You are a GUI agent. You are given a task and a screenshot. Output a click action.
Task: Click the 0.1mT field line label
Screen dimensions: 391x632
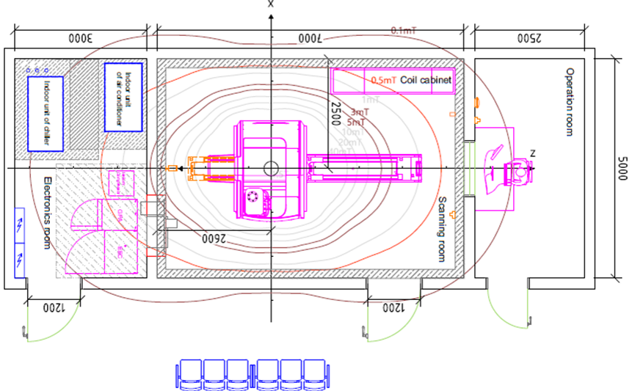tap(404, 30)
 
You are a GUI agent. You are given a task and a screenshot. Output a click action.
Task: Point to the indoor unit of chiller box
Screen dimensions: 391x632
tap(46, 113)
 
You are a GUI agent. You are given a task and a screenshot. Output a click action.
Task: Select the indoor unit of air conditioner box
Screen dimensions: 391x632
tap(123, 97)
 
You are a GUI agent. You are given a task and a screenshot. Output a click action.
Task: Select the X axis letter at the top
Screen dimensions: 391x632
tap(271, 4)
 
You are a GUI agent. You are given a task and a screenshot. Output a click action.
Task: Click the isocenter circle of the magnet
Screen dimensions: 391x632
tap(271, 168)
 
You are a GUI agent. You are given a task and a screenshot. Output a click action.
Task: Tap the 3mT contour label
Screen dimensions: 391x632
tap(360, 112)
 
